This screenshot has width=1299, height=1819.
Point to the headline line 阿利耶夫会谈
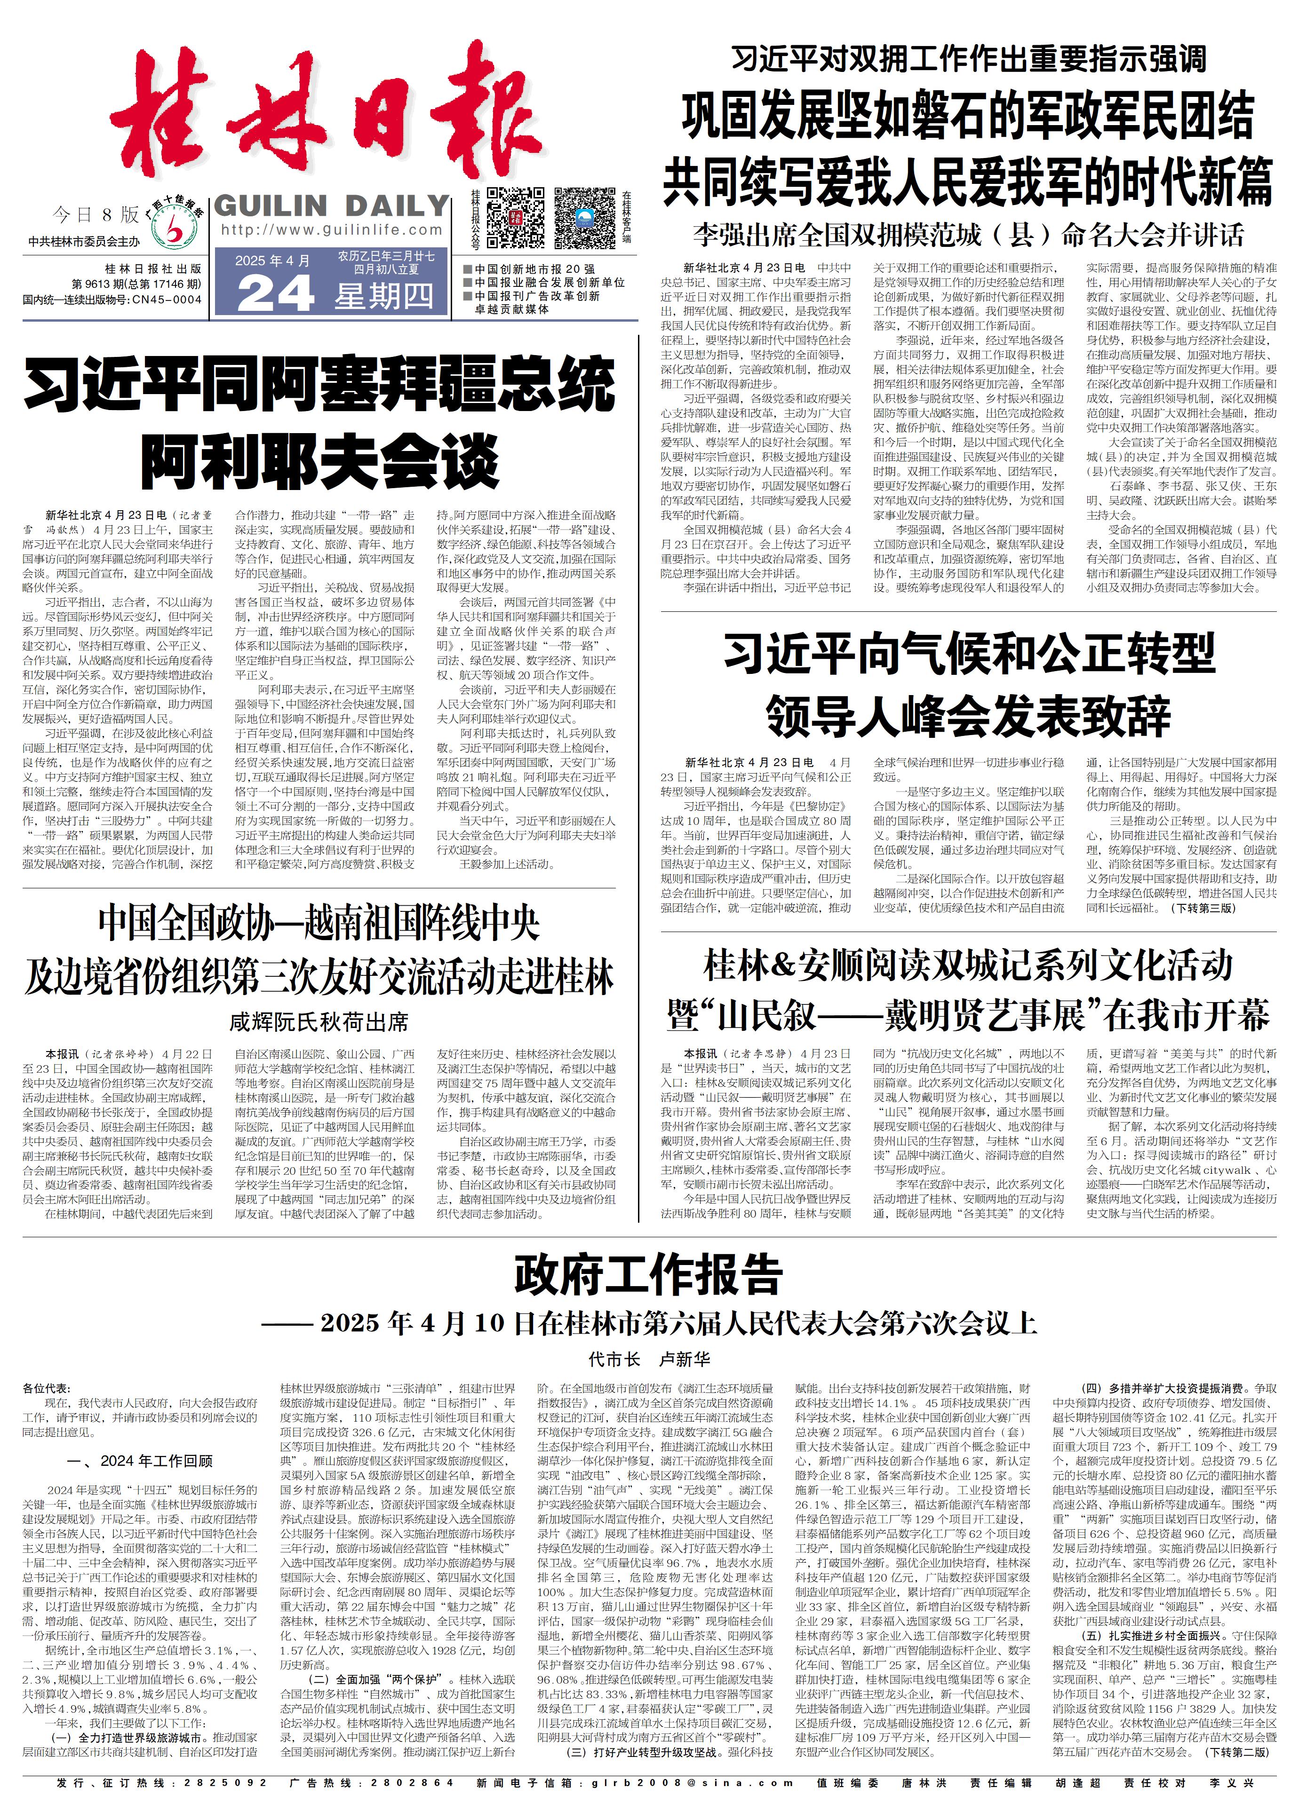point(320,461)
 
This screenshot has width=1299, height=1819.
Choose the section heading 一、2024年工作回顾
point(141,1461)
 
